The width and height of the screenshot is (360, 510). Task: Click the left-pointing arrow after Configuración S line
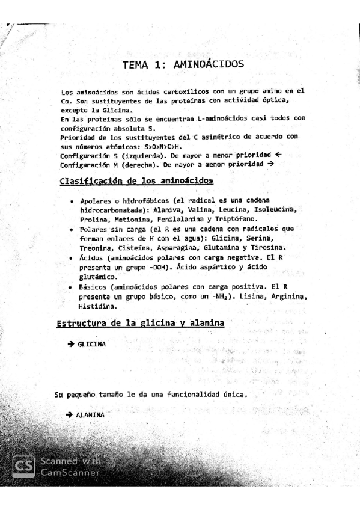pos(278,155)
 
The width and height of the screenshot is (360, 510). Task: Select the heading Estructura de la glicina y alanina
pos(140,324)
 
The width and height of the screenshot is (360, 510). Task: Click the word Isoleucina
pos(272,209)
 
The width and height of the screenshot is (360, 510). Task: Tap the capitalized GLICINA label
pos(92,344)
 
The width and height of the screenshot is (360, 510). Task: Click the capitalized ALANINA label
pos(90,415)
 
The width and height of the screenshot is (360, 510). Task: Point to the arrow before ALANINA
pos(70,415)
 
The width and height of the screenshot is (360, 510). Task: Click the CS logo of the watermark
pos(23,466)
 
